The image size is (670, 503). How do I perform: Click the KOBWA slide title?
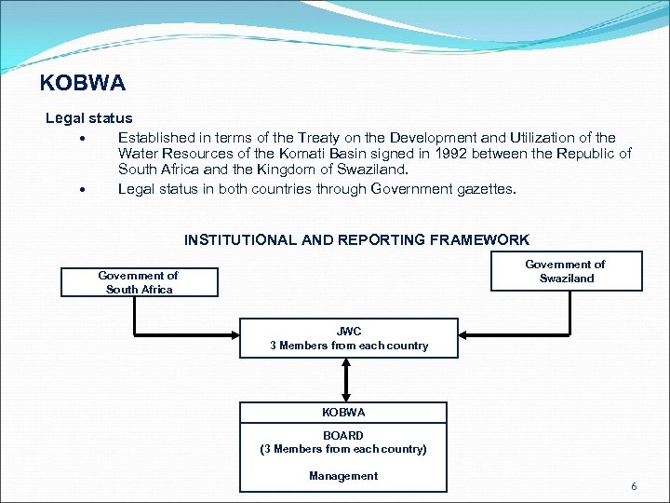pos(83,84)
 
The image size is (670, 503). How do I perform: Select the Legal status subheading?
pos(89,119)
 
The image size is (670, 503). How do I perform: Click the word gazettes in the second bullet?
pos(485,188)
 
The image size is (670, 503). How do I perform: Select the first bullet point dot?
pos(84,138)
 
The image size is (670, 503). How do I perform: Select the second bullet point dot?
pos(84,189)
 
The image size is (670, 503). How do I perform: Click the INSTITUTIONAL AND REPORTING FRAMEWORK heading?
pos(356,240)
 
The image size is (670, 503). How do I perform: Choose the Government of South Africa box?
pos(139,282)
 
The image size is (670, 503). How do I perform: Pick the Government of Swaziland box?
pos(566,271)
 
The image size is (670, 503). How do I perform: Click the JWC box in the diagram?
pos(349,338)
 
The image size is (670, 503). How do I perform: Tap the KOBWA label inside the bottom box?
pos(343,412)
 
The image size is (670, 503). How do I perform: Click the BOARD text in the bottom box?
pos(343,435)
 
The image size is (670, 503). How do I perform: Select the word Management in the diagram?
pos(343,476)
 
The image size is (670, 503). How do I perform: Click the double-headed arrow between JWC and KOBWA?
pos(346,379)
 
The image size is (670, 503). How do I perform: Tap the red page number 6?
pos(634,487)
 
